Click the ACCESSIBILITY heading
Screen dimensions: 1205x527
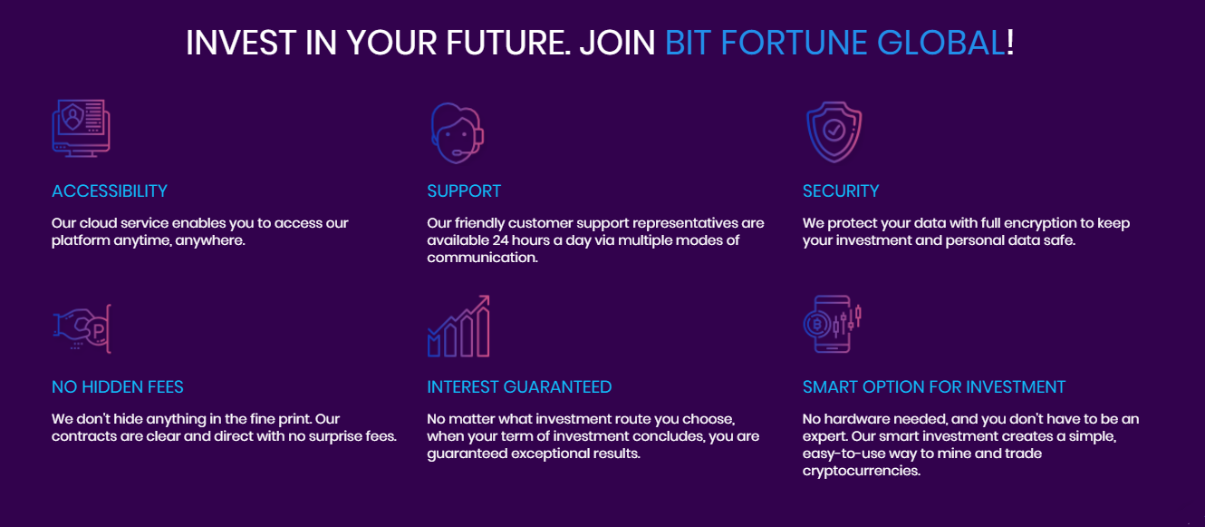(x=110, y=191)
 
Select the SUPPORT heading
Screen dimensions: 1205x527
(x=464, y=191)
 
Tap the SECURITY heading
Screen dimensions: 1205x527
(x=840, y=191)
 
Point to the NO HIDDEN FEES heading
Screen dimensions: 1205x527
(x=117, y=387)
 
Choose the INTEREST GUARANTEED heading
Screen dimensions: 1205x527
(x=519, y=387)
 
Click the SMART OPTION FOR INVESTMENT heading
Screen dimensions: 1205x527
(x=934, y=387)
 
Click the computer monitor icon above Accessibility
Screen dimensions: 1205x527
(x=82, y=128)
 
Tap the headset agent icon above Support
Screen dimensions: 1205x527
(x=457, y=133)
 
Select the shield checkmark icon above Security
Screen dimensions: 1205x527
(x=834, y=132)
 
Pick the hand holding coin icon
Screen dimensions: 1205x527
(x=82, y=328)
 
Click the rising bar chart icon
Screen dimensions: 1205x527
(x=458, y=327)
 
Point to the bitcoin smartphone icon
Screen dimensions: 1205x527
(x=833, y=324)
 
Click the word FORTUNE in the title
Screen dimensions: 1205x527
(x=794, y=43)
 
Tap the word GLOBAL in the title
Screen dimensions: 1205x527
(x=940, y=43)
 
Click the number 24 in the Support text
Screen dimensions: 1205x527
(x=500, y=240)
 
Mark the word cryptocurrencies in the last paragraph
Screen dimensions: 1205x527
(x=861, y=471)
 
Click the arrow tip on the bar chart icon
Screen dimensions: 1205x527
(x=488, y=296)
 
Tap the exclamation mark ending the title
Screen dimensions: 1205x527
(x=1010, y=43)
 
